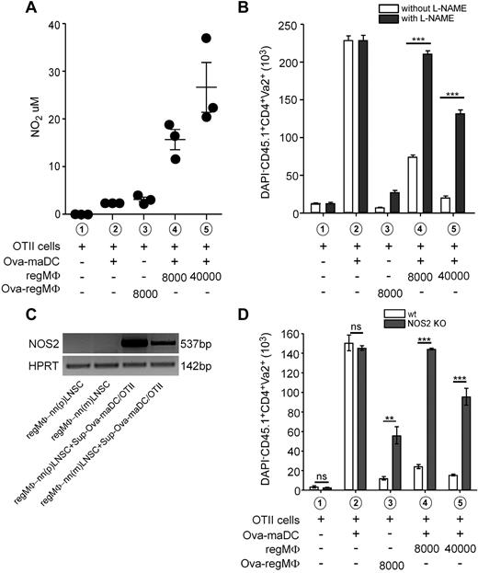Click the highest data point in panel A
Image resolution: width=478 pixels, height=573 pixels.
point(206,39)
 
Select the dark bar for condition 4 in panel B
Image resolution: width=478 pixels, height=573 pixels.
point(401,133)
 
